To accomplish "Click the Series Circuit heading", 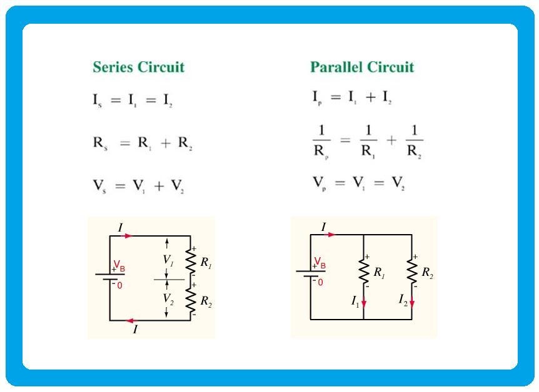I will point(138,67).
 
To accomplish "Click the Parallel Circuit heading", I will point(362,67).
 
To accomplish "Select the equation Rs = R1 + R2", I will point(142,144).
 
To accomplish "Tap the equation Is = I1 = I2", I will point(132,100).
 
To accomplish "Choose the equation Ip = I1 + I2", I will point(352,97).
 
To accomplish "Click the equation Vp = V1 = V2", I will point(358,184).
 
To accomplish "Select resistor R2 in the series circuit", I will point(191,300).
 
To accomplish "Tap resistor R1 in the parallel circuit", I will point(364,270).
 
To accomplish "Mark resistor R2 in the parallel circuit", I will point(412,270).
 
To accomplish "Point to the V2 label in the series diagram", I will point(168,299).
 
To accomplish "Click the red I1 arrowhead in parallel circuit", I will point(364,305).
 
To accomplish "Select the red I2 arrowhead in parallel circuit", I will point(412,305).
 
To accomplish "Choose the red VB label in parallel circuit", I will point(320,263).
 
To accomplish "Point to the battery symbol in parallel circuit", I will point(311,273).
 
